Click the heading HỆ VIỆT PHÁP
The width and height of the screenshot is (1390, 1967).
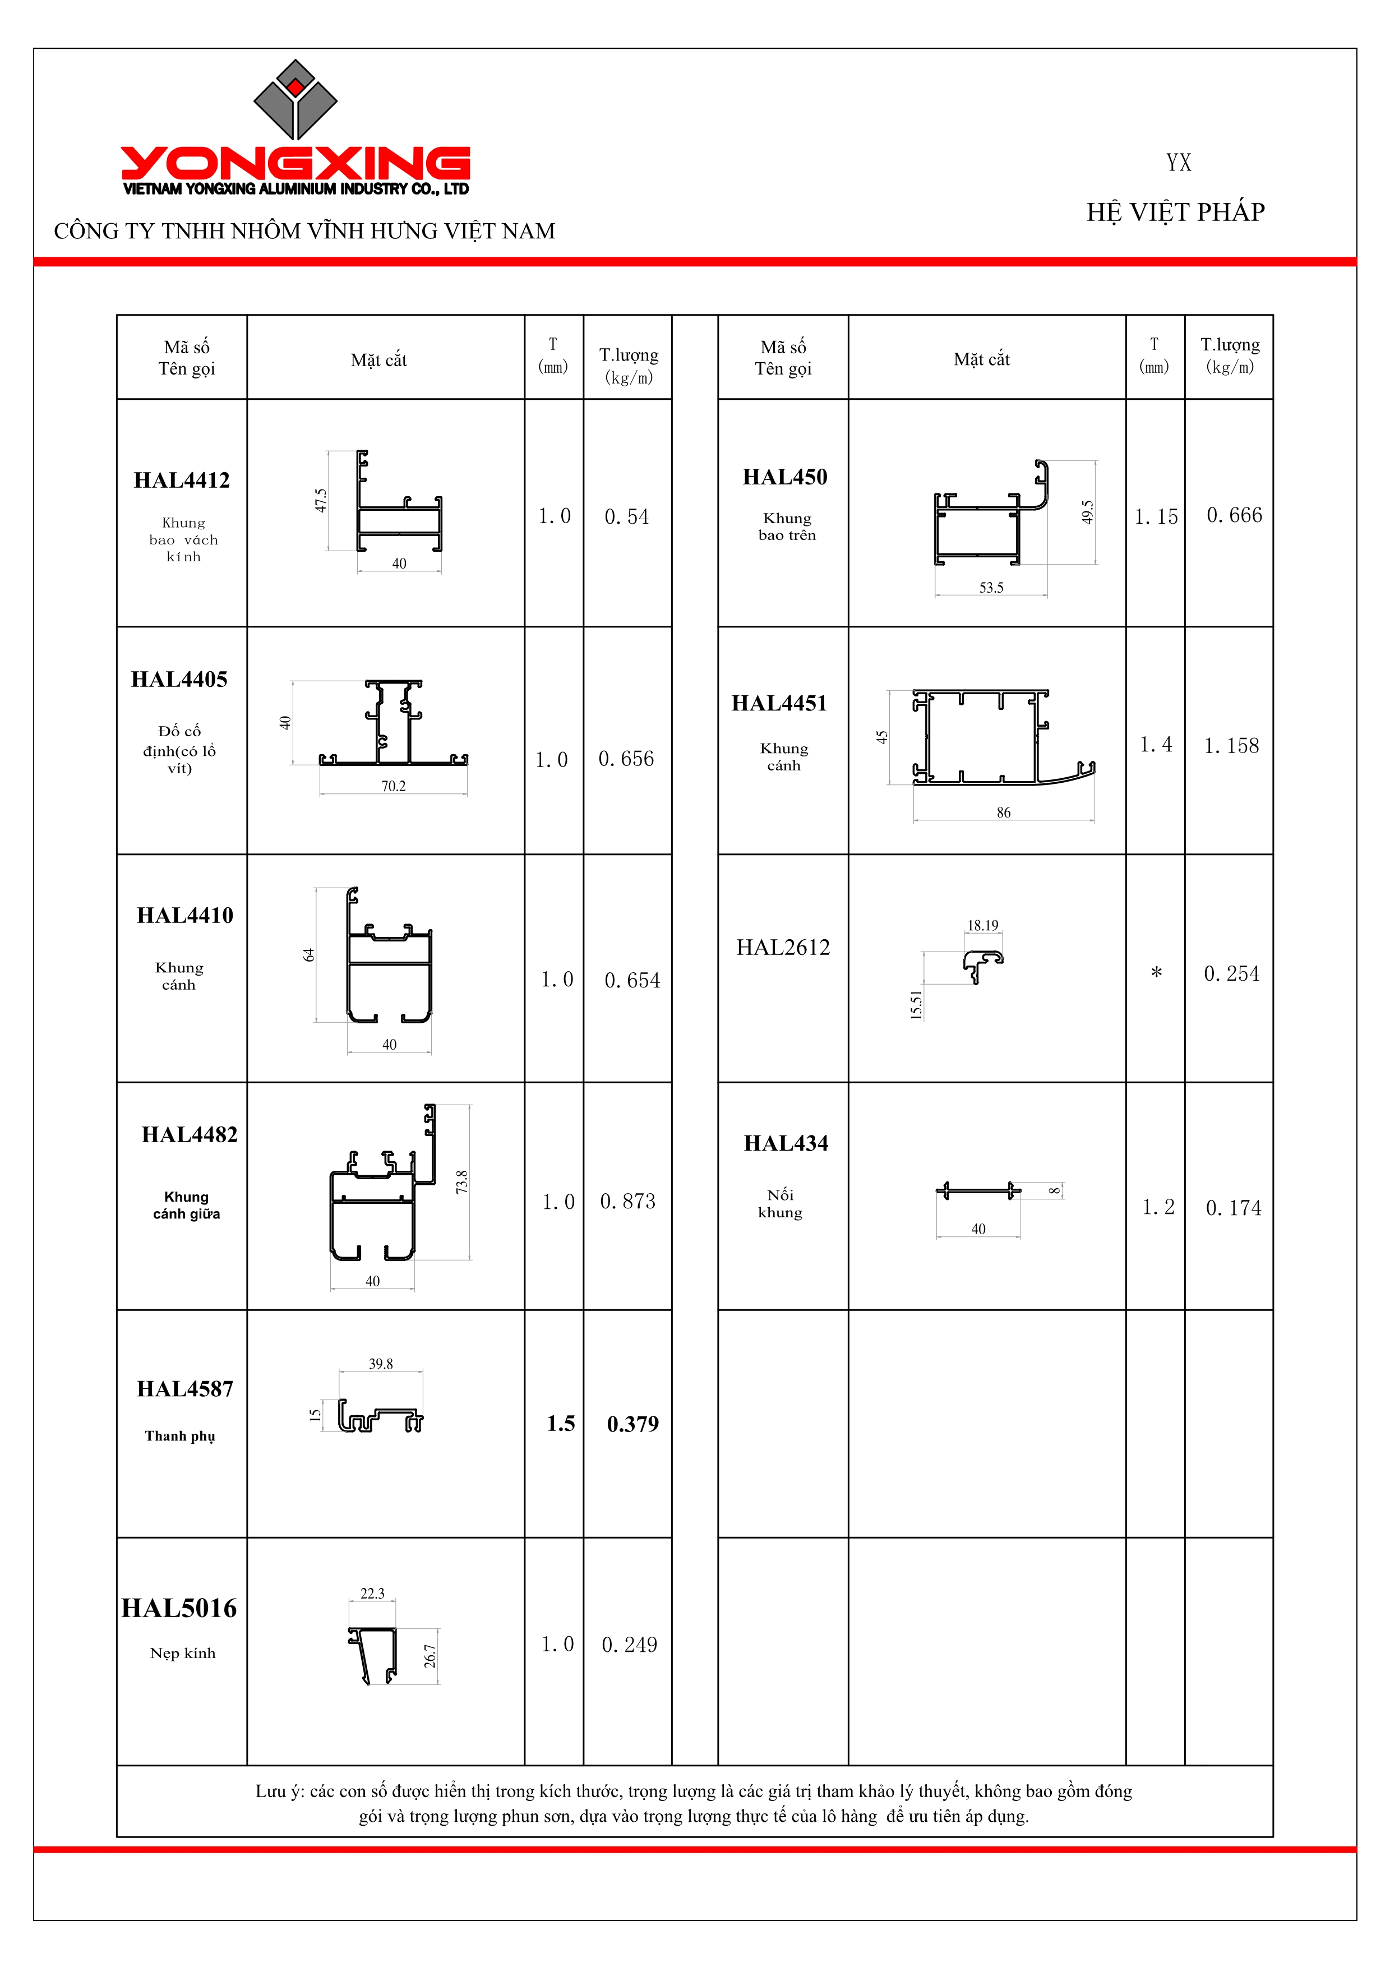tap(1175, 213)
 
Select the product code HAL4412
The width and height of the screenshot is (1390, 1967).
tap(182, 481)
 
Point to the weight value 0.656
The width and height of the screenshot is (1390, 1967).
tap(626, 759)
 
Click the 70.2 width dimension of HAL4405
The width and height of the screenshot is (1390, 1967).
tap(393, 787)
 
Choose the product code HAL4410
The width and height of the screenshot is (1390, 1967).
tap(185, 916)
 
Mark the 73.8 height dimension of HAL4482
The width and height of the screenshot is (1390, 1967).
tap(461, 1182)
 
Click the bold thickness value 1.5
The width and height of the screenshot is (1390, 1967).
tap(561, 1424)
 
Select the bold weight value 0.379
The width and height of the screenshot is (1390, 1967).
tap(633, 1424)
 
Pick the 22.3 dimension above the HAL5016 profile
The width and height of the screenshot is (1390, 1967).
tap(372, 1594)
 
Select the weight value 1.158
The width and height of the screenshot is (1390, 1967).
tap(1231, 746)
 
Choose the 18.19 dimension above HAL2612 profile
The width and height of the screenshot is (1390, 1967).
tap(982, 926)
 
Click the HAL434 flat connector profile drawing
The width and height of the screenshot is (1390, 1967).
tap(978, 1191)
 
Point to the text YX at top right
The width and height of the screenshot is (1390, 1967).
tap(1179, 163)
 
